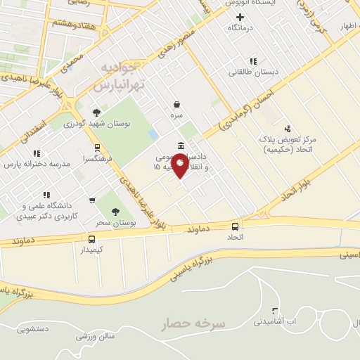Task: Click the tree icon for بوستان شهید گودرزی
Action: (x=96, y=112)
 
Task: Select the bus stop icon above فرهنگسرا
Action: (x=97, y=148)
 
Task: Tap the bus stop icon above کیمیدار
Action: (x=92, y=239)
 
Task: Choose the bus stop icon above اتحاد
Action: (x=235, y=226)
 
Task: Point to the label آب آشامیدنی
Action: (x=285, y=321)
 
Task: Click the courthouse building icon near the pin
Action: (x=181, y=146)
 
